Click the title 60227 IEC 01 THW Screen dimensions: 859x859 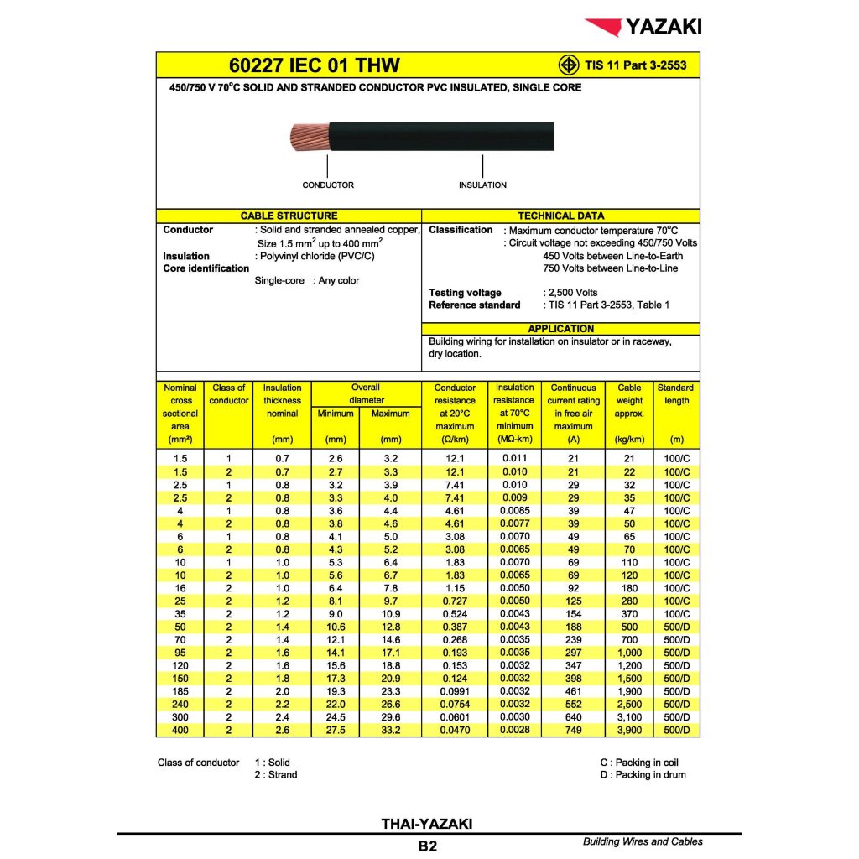pyautogui.click(x=315, y=65)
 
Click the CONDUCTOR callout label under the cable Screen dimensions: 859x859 pyautogui.click(x=328, y=185)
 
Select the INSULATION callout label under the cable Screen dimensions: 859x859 pyautogui.click(x=482, y=185)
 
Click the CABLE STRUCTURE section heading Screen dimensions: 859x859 pyautogui.click(x=289, y=216)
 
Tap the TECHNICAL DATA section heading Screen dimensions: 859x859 pyautogui.click(x=560, y=216)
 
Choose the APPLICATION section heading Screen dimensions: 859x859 pyautogui.click(x=560, y=329)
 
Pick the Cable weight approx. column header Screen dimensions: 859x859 pyautogui.click(x=629, y=401)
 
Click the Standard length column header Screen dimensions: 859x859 pyautogui.click(x=675, y=394)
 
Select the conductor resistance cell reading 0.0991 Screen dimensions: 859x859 pyautogui.click(x=454, y=691)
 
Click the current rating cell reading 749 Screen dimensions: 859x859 pyautogui.click(x=574, y=731)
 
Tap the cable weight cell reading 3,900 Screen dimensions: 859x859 pyautogui.click(x=629, y=731)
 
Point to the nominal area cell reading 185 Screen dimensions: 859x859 pyautogui.click(x=180, y=691)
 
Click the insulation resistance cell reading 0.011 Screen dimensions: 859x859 pyautogui.click(x=514, y=459)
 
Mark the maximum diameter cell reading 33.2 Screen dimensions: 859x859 pyautogui.click(x=390, y=731)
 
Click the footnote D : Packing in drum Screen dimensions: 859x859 pyautogui.click(x=643, y=775)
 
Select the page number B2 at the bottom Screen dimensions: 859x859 pyautogui.click(x=427, y=846)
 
